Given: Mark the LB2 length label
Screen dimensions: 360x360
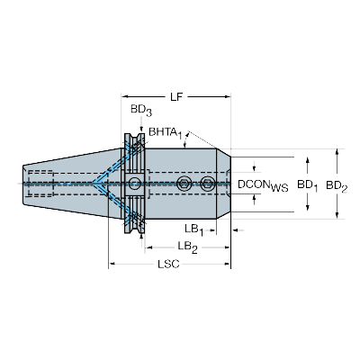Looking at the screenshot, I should point(187,247).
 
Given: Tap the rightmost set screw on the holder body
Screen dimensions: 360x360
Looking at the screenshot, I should point(208,184).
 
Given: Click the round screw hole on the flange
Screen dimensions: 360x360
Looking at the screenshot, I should point(135,184).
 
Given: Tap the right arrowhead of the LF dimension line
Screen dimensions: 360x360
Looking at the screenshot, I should point(228,96).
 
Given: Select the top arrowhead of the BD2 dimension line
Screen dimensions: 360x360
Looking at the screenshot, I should point(338,150).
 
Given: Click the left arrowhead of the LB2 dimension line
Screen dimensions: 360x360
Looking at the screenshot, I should point(144,245).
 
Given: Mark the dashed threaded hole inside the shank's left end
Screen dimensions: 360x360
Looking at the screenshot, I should point(40,184).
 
